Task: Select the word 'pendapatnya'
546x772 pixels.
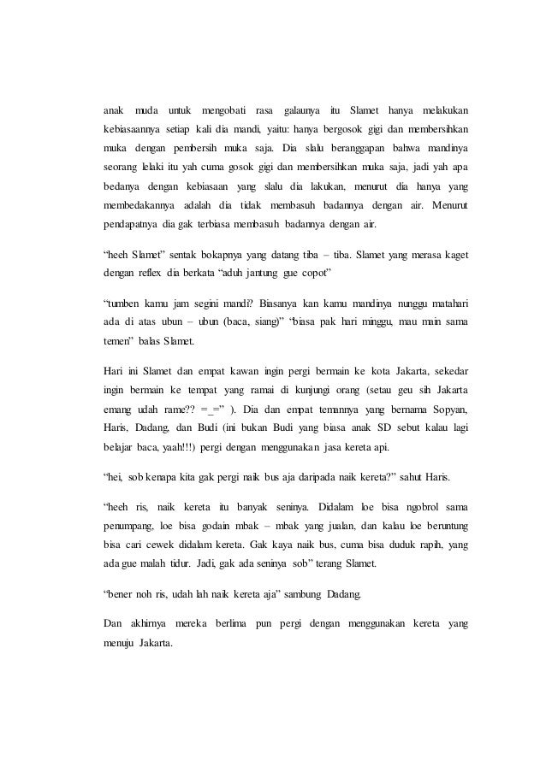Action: tap(129, 227)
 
